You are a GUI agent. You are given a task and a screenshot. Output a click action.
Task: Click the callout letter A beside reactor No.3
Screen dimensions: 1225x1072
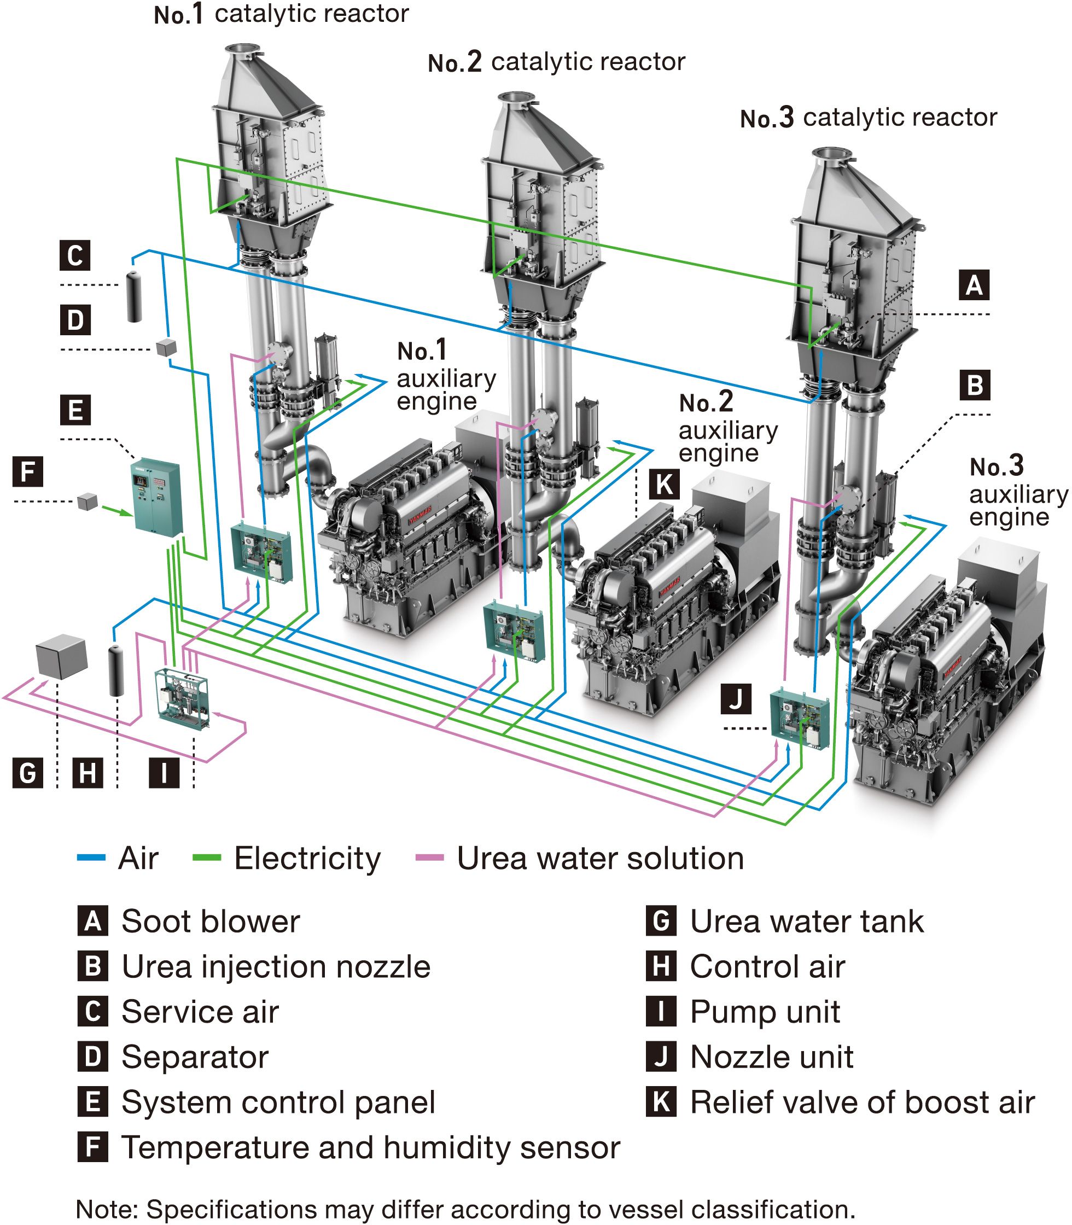click(x=974, y=285)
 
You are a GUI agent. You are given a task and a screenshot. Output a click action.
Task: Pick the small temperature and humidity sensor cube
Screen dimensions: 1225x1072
click(x=88, y=501)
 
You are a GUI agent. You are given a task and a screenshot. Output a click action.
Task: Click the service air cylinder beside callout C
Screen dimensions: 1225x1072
click(x=135, y=297)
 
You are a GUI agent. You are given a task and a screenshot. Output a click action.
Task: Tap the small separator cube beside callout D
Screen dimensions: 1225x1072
click(x=166, y=347)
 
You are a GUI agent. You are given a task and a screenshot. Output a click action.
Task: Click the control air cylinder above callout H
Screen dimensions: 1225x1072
click(x=116, y=670)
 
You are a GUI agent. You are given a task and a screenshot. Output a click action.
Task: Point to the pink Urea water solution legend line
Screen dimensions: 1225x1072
click(x=429, y=857)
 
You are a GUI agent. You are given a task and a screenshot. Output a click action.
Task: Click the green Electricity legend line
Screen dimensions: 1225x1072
click(x=206, y=857)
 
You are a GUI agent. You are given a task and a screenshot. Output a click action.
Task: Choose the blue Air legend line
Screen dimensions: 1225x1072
click(x=91, y=857)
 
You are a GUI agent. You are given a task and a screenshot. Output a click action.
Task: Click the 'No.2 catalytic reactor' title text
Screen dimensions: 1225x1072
click(x=556, y=62)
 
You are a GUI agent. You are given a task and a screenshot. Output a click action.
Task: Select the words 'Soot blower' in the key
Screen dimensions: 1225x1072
click(x=211, y=921)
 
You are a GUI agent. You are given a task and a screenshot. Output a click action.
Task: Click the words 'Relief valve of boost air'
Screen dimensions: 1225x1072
click(x=862, y=1102)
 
